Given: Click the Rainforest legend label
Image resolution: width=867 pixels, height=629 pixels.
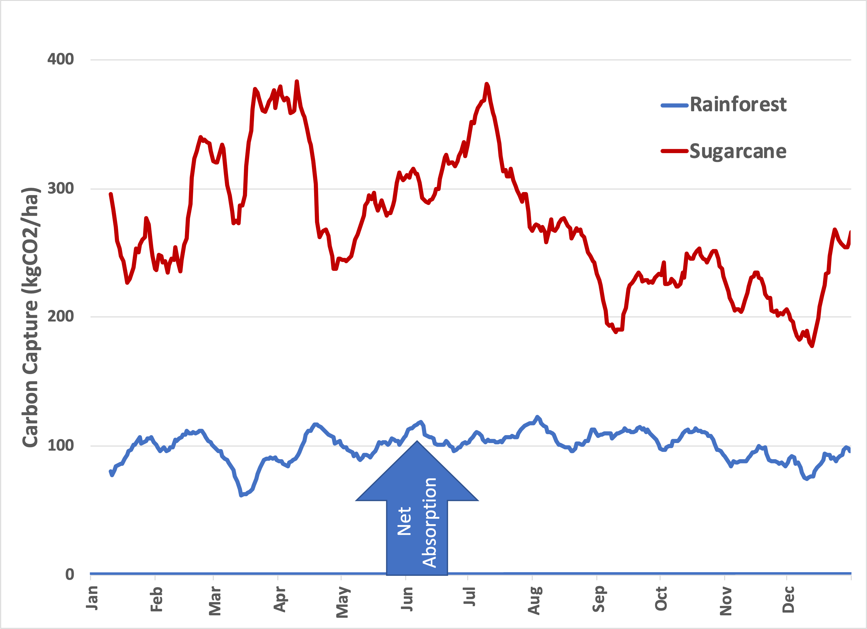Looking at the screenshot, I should pyautogui.click(x=738, y=105).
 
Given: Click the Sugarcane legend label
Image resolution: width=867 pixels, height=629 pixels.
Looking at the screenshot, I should pyautogui.click(x=738, y=151).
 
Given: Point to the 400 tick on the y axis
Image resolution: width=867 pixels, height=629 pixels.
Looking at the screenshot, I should pyautogui.click(x=60, y=59).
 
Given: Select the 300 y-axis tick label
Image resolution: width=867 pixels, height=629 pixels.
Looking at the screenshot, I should pyautogui.click(x=60, y=188).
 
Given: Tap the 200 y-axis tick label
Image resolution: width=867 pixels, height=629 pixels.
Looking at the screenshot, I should pyautogui.click(x=60, y=316).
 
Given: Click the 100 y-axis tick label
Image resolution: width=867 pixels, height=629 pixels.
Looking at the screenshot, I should pyautogui.click(x=60, y=445).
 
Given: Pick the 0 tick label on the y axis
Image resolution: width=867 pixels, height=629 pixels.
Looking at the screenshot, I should pyautogui.click(x=70, y=574).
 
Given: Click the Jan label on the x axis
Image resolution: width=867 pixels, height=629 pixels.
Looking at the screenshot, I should pyautogui.click(x=92, y=598).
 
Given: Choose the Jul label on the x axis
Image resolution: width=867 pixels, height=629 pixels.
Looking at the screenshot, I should pyautogui.click(x=469, y=596).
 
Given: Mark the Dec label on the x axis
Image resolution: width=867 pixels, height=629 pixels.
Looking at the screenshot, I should pyautogui.click(x=788, y=600).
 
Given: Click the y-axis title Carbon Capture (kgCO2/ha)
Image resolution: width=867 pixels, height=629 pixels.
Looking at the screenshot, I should pyautogui.click(x=31, y=317).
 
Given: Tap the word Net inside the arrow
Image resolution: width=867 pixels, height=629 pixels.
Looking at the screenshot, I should pyautogui.click(x=404, y=521).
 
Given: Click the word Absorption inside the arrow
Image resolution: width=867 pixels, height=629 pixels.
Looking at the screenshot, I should pyautogui.click(x=429, y=522).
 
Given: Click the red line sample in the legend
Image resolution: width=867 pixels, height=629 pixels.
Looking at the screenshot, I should pyautogui.click(x=674, y=151).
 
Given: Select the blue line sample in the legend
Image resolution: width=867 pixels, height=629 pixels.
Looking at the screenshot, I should pyautogui.click(x=674, y=105).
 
